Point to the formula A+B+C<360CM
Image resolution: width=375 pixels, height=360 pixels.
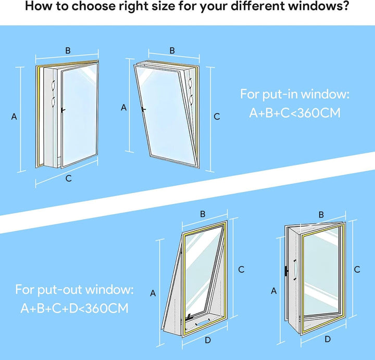pyautogui.click(x=295, y=113)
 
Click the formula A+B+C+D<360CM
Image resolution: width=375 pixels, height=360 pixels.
pyautogui.click(x=74, y=308)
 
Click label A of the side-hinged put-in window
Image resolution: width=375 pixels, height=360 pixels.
pyautogui.click(x=14, y=117)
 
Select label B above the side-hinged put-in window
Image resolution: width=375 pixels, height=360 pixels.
pyautogui.click(x=68, y=50)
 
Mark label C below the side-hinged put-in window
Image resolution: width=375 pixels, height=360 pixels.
pyautogui.click(x=68, y=178)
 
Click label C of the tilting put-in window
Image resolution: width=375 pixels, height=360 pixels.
pyautogui.click(x=217, y=117)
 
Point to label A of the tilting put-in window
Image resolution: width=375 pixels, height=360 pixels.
pyautogui.click(x=123, y=108)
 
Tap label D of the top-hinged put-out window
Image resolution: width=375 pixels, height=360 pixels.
pyautogui.click(x=208, y=340)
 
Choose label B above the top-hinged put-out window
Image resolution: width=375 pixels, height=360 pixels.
pyautogui.click(x=203, y=214)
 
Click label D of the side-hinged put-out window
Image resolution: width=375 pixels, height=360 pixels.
pyautogui.click(x=328, y=339)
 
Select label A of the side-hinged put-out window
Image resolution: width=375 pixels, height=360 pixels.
pyautogui.click(x=274, y=291)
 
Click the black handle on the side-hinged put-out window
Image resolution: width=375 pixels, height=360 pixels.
pyautogui.click(x=286, y=271)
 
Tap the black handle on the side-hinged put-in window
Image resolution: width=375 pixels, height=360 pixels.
pyautogui.click(x=63, y=110)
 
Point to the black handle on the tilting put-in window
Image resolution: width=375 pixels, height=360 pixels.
pyautogui.click(x=144, y=109)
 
